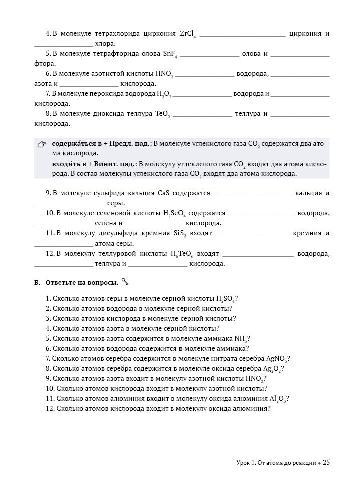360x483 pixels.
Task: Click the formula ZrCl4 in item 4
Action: (187, 34)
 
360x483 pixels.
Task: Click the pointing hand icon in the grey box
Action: (42, 145)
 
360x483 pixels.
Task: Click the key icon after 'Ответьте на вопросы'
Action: (125, 283)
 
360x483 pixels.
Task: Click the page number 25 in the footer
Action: (326, 463)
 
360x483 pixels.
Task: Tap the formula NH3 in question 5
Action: (240, 338)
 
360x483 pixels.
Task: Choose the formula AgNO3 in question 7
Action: (278, 358)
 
